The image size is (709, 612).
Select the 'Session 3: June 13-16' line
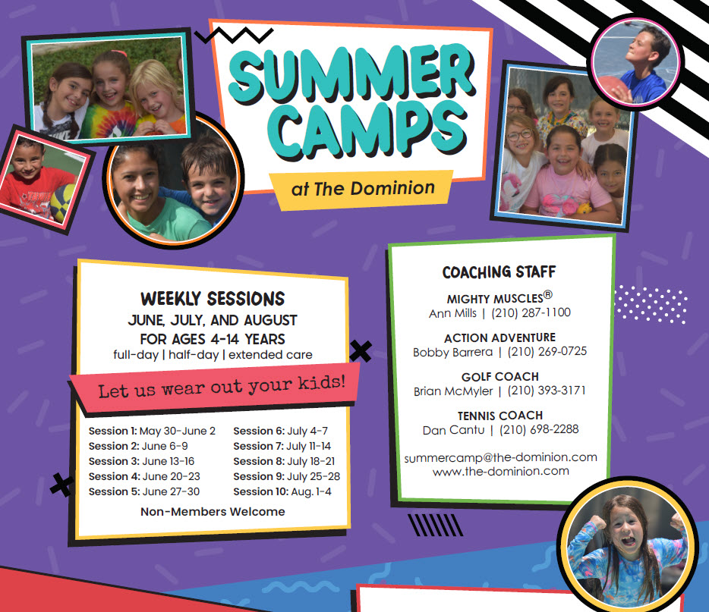(141, 461)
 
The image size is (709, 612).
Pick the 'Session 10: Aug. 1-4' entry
(282, 491)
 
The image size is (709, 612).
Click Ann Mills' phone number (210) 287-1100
(531, 312)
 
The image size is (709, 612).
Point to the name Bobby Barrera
(452, 352)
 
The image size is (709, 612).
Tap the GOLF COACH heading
(500, 377)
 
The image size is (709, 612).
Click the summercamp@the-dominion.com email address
(500, 457)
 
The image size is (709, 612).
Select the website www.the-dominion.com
(500, 472)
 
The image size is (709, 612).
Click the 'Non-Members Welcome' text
(213, 512)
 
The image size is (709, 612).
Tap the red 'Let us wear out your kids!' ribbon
(213, 388)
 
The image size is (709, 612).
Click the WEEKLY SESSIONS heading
(213, 299)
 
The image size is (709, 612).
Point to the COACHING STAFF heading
(499, 272)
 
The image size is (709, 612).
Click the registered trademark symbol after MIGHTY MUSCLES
(547, 295)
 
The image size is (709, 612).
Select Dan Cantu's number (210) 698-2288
(539, 429)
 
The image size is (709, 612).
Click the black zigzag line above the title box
(234, 35)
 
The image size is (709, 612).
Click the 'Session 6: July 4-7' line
(280, 431)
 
